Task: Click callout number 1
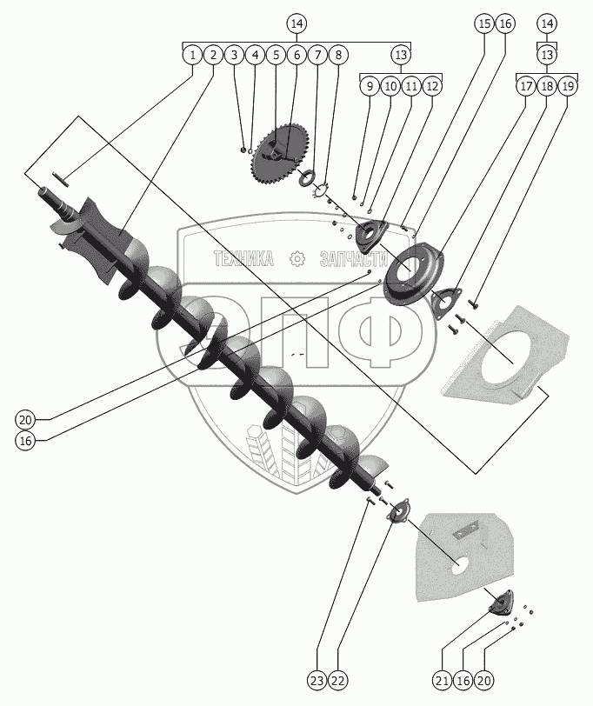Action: tap(191, 55)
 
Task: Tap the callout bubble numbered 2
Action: tap(212, 55)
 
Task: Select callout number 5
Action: tap(276, 55)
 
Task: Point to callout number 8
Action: tap(339, 55)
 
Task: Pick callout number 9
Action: tap(370, 86)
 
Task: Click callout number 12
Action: tap(432, 86)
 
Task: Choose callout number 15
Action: tap(484, 23)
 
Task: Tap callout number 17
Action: tap(526, 86)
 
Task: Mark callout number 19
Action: tap(568, 86)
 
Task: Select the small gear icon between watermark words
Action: tap(297, 258)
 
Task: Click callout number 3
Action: tap(233, 55)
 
